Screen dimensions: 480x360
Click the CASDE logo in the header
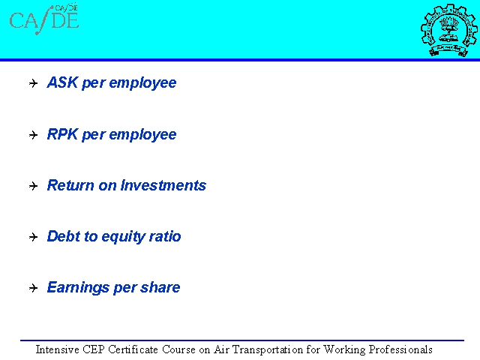point(44,19)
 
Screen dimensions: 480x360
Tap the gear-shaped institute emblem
point(448,30)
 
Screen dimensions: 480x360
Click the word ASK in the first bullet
point(62,82)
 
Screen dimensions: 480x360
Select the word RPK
point(62,134)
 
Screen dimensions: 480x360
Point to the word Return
point(70,185)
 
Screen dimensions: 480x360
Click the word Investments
point(163,185)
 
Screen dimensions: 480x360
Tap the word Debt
point(63,236)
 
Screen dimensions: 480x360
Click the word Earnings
point(78,288)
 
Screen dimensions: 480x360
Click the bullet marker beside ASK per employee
point(33,83)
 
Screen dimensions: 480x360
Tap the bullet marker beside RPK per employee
point(33,135)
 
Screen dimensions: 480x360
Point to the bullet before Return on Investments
point(33,186)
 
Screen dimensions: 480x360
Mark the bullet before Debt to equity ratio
point(33,237)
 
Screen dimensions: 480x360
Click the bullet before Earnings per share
point(33,288)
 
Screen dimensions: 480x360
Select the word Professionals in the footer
point(400,349)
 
